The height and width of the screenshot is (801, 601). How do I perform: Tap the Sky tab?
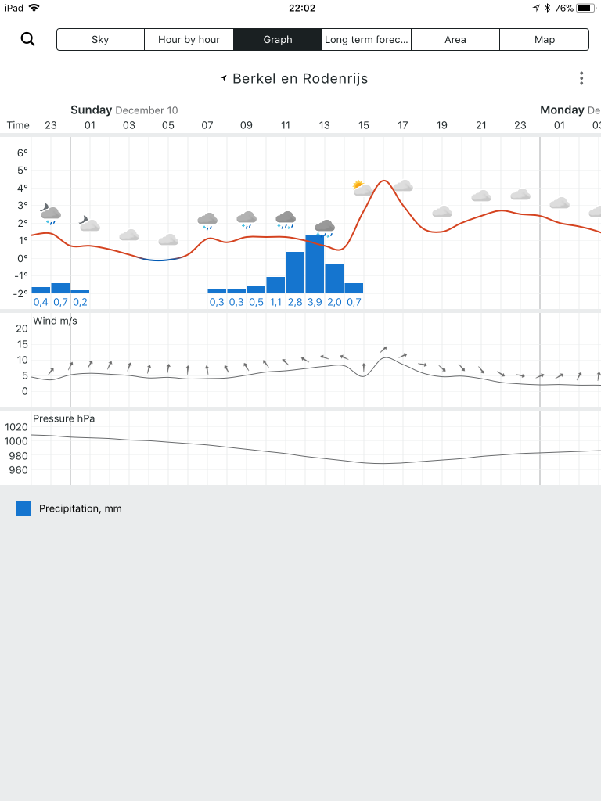[x=100, y=40]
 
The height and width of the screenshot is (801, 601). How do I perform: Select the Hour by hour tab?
[x=189, y=40]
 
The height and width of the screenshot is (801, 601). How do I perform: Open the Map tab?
[x=545, y=40]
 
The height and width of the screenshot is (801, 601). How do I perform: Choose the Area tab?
[x=455, y=40]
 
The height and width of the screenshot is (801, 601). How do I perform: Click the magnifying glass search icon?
[x=27, y=39]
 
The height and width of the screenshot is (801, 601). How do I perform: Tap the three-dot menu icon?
[x=581, y=78]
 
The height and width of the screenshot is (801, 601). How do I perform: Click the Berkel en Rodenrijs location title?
[x=300, y=79]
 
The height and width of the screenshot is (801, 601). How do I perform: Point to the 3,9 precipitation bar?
[x=315, y=264]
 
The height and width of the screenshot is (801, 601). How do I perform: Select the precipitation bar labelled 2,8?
[x=295, y=272]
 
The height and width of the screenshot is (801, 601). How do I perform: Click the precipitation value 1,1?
[x=276, y=302]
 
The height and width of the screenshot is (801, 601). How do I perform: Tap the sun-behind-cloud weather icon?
[x=362, y=188]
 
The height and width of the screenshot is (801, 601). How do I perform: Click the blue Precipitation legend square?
[x=23, y=508]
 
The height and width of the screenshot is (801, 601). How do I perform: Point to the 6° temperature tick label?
[x=23, y=153]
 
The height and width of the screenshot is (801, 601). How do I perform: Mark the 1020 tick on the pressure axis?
[x=16, y=427]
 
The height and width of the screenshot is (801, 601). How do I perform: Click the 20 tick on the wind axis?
[x=22, y=329]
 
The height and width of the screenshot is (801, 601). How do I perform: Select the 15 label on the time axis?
[x=363, y=125]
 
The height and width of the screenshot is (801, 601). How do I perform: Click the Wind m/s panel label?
[x=56, y=321]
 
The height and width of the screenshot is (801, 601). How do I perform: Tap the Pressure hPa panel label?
[x=64, y=418]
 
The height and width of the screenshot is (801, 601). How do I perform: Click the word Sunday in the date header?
[x=91, y=110]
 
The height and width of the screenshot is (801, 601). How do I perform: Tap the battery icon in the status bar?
[x=585, y=8]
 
